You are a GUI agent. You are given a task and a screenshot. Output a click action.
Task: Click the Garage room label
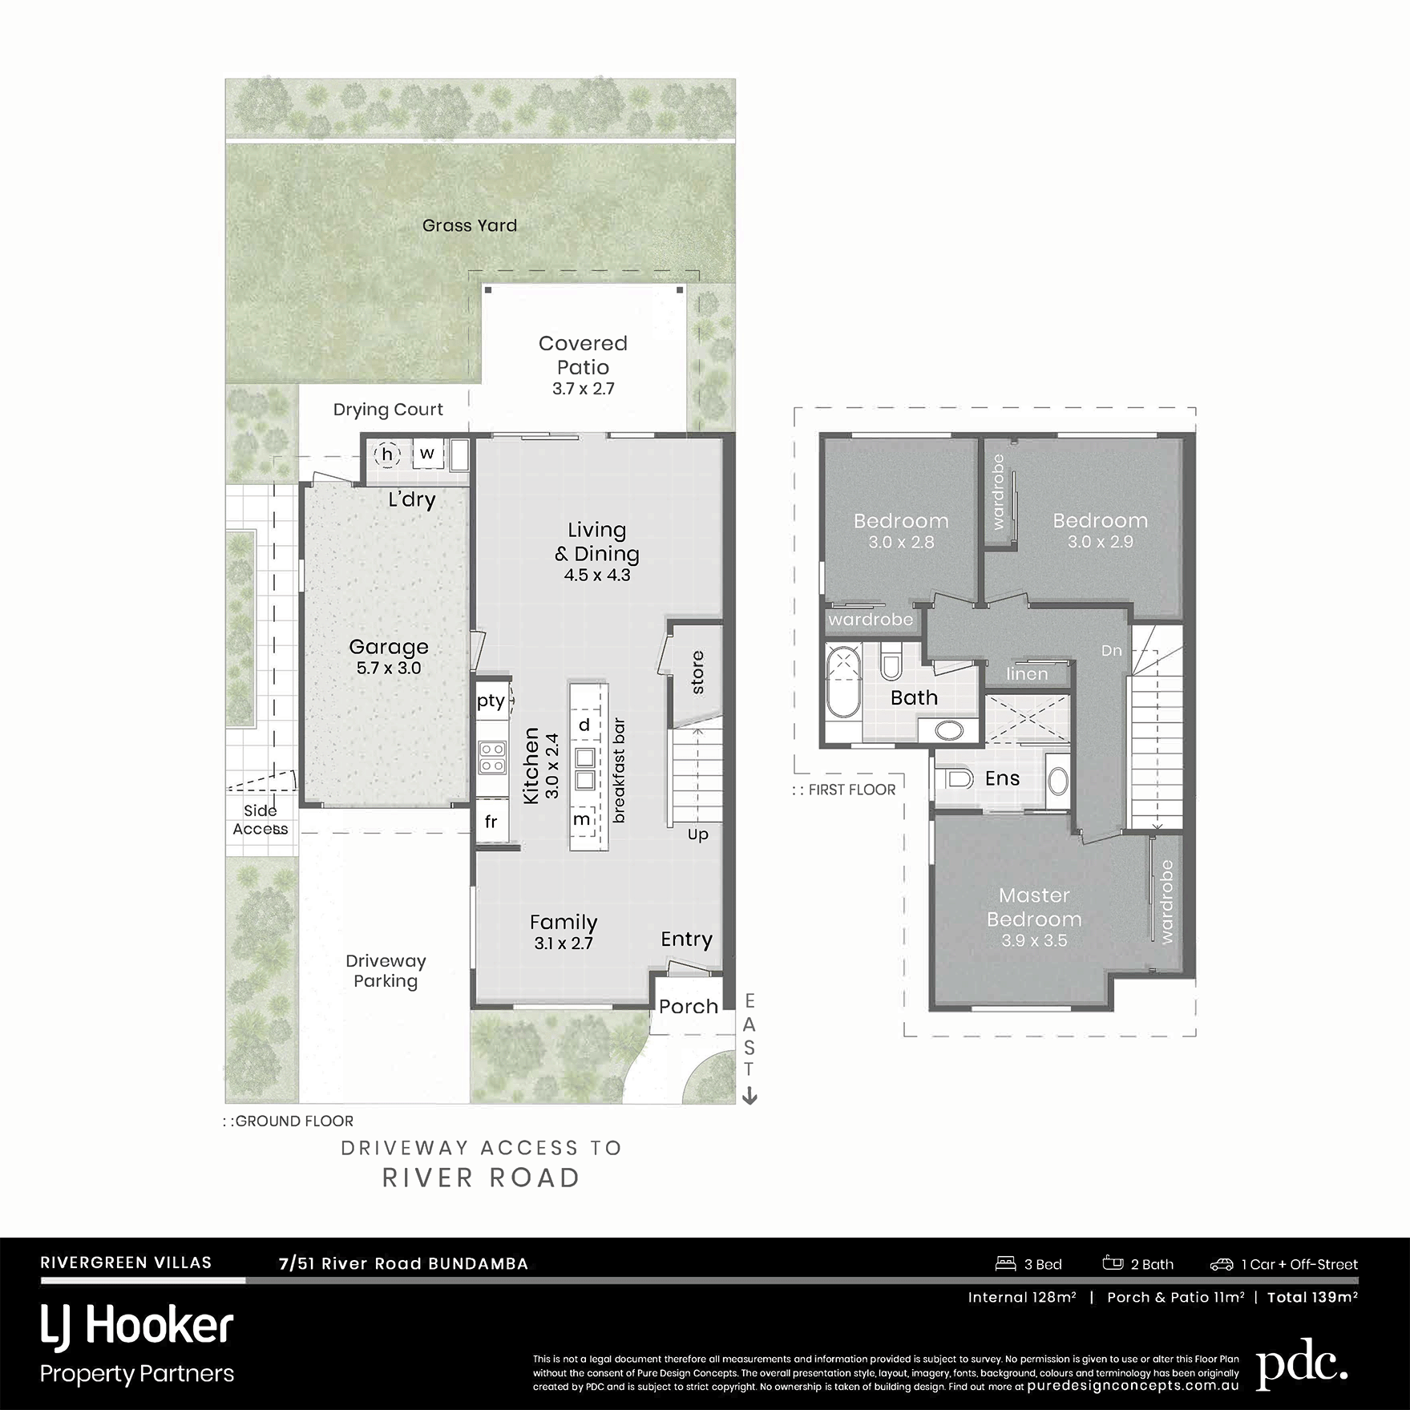[389, 647]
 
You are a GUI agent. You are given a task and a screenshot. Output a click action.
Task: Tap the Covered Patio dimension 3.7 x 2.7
[583, 389]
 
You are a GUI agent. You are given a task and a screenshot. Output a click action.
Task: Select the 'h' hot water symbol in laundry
[388, 455]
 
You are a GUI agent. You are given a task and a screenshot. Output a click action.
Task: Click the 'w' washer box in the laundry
[427, 454]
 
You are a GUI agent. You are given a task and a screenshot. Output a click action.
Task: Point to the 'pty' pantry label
[491, 701]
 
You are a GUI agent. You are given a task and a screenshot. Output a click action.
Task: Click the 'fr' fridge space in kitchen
[491, 822]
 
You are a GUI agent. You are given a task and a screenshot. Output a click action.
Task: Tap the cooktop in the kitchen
[492, 758]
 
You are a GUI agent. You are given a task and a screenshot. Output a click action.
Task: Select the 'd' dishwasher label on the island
[584, 725]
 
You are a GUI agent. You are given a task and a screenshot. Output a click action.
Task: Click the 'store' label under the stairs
[697, 673]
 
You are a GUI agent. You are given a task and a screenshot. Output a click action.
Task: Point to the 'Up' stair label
[698, 834]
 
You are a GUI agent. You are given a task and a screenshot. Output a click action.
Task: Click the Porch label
[689, 1006]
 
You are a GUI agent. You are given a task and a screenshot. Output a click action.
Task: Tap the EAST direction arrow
[749, 1095]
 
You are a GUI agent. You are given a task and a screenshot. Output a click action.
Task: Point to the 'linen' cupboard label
[1027, 674]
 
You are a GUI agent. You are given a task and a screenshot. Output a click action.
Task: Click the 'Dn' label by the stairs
[1111, 650]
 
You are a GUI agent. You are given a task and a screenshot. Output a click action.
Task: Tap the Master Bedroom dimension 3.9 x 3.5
[1034, 940]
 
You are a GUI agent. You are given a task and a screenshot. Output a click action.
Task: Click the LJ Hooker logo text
[137, 1326]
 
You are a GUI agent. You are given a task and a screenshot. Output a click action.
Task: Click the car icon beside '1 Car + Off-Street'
[1221, 1264]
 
